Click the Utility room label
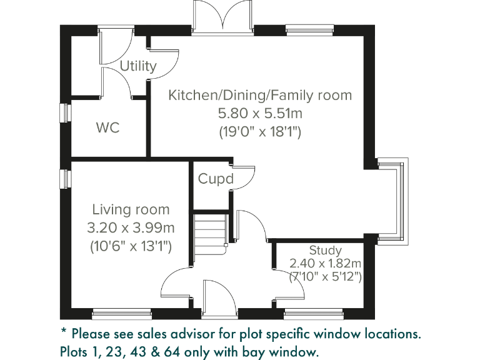(x=137, y=66)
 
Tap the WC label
(x=107, y=128)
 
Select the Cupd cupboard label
(x=216, y=179)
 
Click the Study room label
(x=325, y=251)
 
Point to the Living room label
(x=131, y=209)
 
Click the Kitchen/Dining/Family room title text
(x=260, y=95)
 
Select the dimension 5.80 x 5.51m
(x=260, y=114)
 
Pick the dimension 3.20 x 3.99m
(x=131, y=227)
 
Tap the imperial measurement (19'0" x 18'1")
(x=260, y=132)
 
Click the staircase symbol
(x=209, y=232)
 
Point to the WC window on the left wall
(x=63, y=113)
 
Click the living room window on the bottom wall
(x=121, y=313)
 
